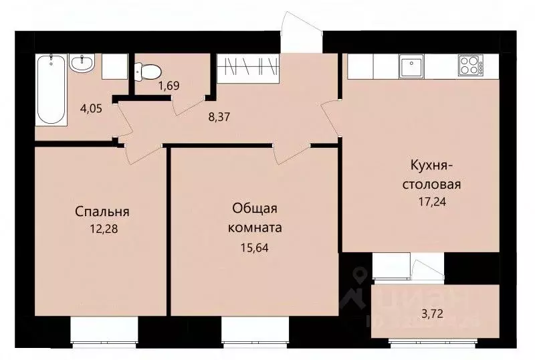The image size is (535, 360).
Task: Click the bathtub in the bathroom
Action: (x=51, y=90)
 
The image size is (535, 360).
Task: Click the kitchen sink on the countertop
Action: (x=409, y=66)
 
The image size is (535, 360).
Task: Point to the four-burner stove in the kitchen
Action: (x=470, y=66)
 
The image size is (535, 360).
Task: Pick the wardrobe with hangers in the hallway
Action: (x=248, y=68)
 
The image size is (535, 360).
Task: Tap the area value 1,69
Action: (x=169, y=86)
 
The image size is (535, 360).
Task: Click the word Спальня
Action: (x=102, y=212)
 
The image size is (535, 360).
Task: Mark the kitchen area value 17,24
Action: (x=433, y=200)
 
